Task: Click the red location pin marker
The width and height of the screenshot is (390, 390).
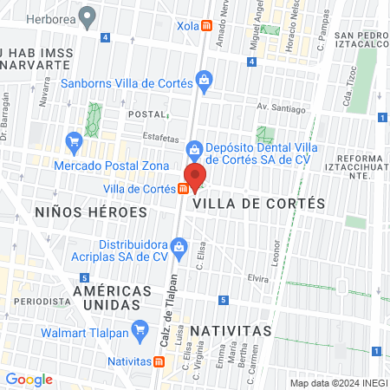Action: click(195, 176)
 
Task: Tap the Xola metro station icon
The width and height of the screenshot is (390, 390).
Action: click(206, 26)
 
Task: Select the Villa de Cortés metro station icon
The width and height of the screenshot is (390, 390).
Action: click(185, 189)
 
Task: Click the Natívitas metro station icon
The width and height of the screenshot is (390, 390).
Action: click(157, 362)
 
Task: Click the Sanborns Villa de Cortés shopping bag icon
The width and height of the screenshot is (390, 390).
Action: click(203, 84)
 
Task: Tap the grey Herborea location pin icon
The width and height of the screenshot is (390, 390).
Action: click(87, 15)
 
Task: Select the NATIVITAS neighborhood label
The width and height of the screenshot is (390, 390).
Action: click(231, 331)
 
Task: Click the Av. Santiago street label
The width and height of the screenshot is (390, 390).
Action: click(281, 109)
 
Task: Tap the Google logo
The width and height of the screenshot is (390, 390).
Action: click(29, 379)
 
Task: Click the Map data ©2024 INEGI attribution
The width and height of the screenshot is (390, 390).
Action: click(337, 383)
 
